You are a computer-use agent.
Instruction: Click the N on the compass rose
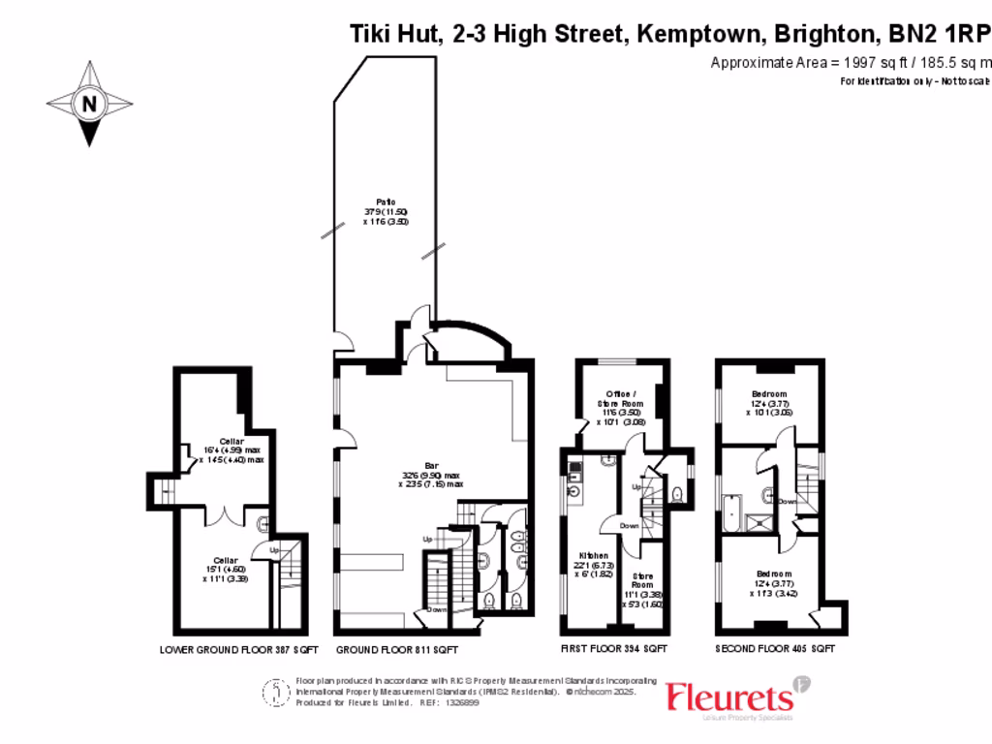click(x=89, y=104)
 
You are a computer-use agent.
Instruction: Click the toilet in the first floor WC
click(x=678, y=496)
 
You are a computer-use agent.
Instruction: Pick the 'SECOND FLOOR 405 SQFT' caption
click(x=775, y=649)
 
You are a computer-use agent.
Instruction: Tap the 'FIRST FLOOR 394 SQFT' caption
click(x=613, y=649)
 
